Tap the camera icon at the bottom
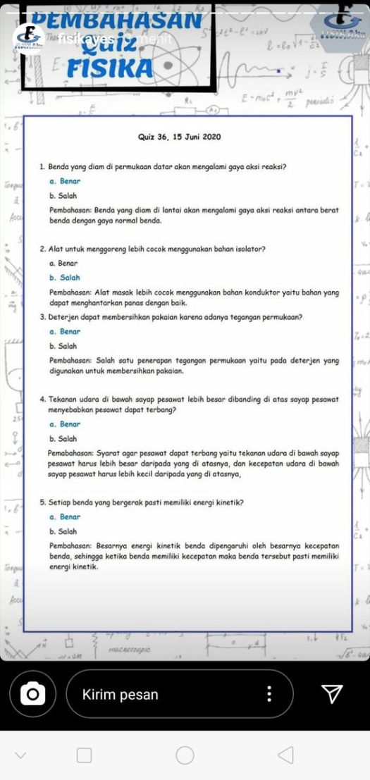pyautogui.click(x=31, y=694)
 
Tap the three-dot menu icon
pyautogui.click(x=269, y=694)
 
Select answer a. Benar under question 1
pyautogui.click(x=66, y=182)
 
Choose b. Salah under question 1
pyautogui.click(x=63, y=195)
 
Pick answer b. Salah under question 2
pyautogui.click(x=64, y=278)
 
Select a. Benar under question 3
pyautogui.click(x=66, y=331)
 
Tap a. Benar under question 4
pyautogui.click(x=66, y=424)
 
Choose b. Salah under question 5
pyautogui.click(x=63, y=531)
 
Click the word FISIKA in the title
pyautogui.click(x=109, y=69)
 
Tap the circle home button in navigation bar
pyautogui.click(x=185, y=755)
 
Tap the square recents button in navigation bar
pyautogui.click(x=84, y=755)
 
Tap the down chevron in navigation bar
pyautogui.click(x=20, y=755)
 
